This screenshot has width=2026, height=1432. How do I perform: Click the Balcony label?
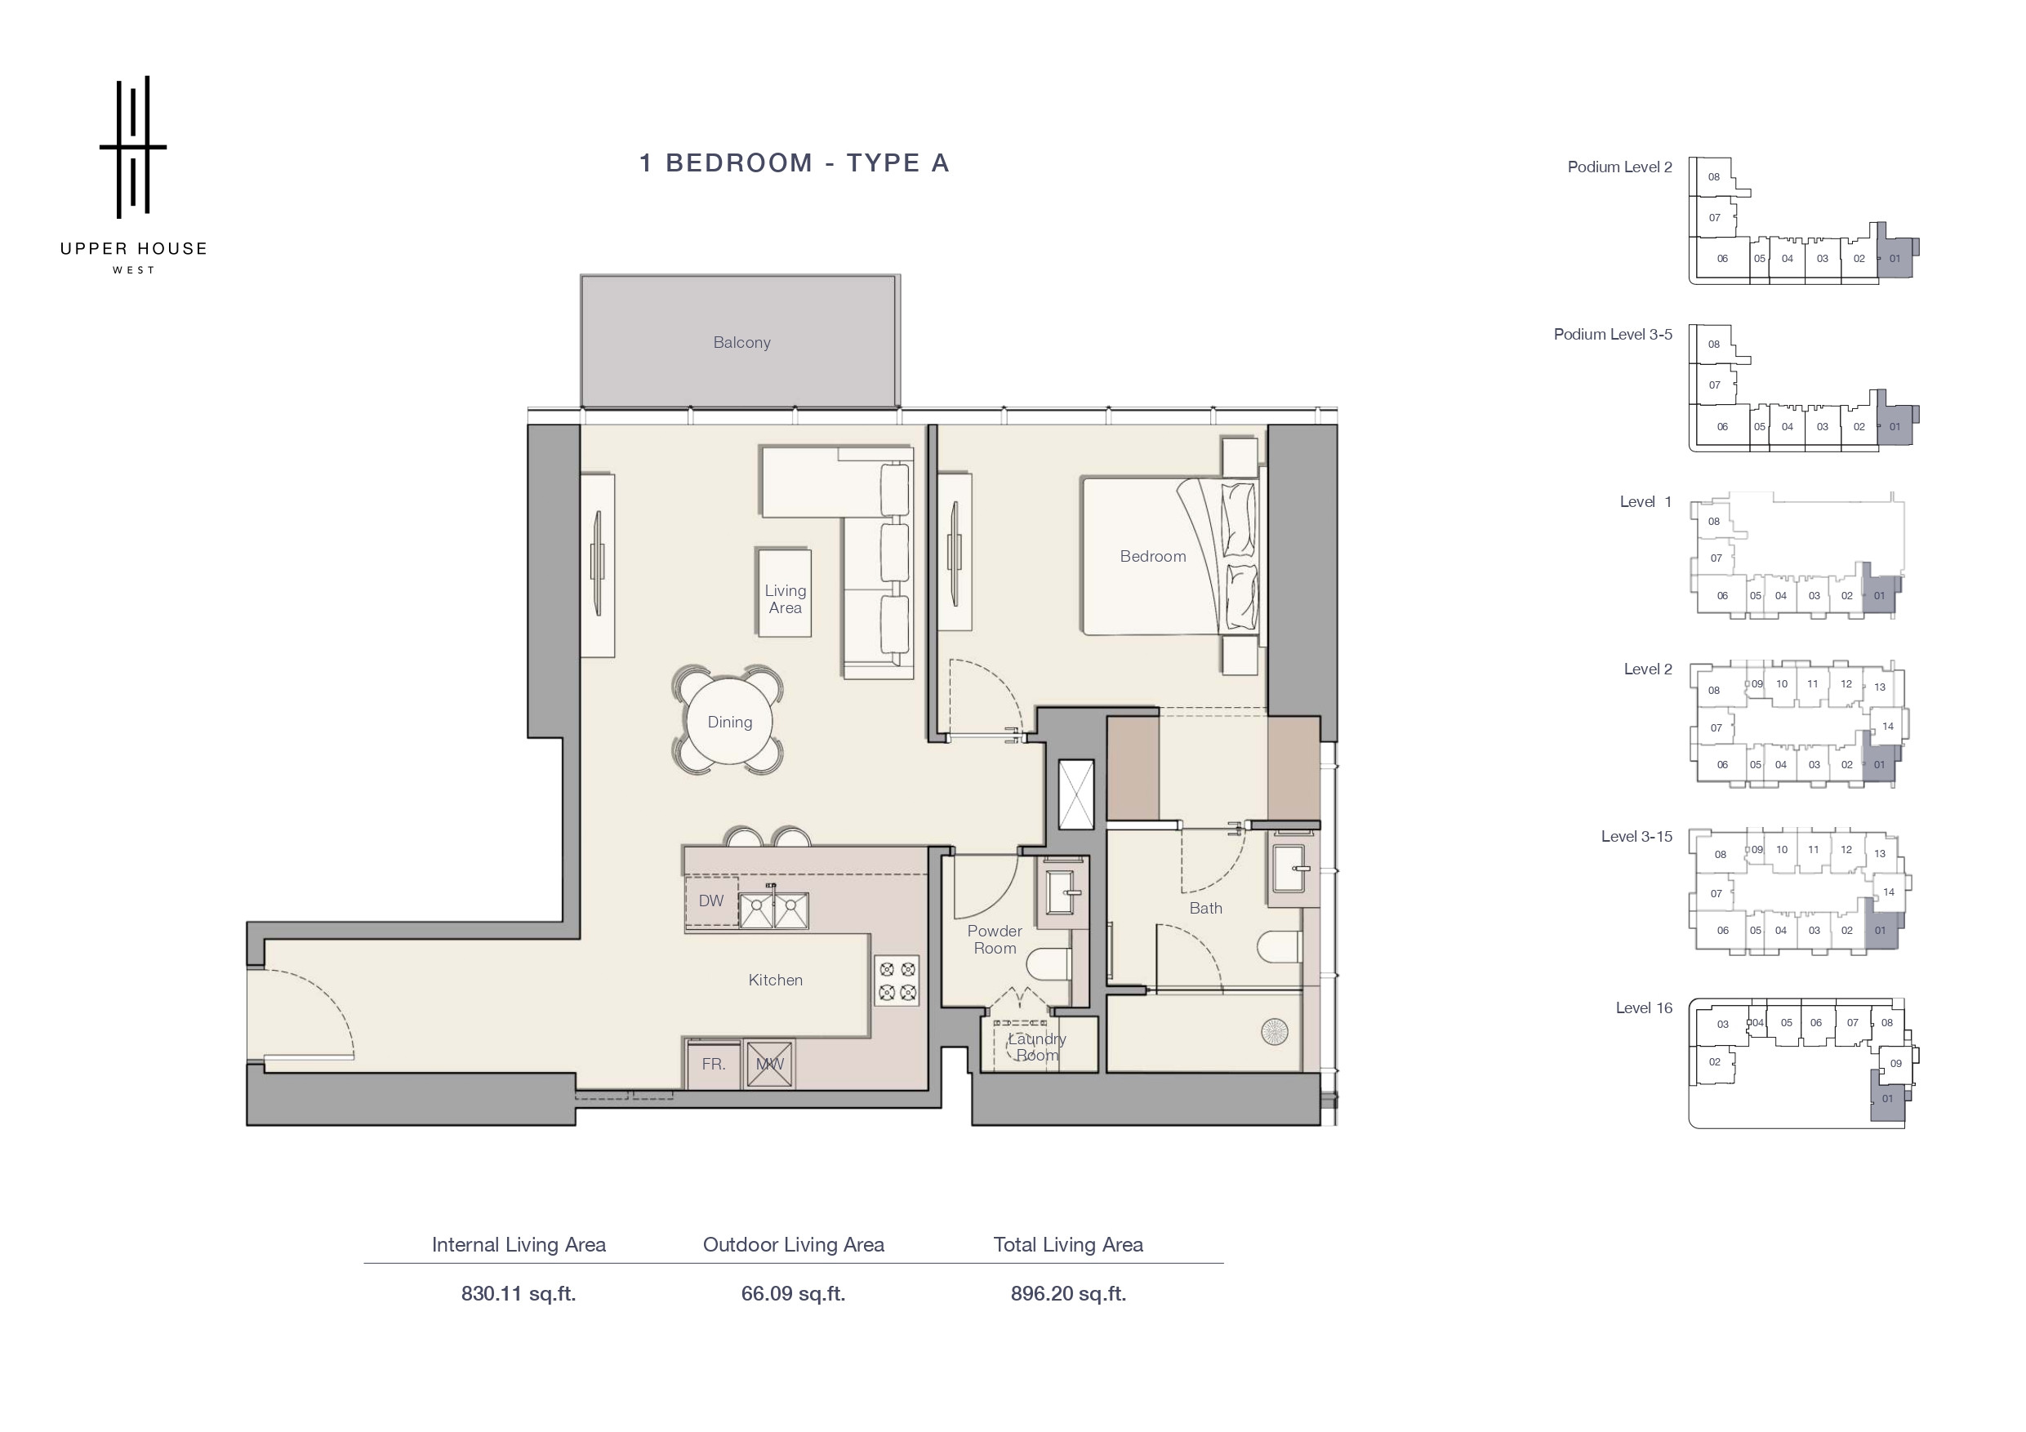[x=741, y=342]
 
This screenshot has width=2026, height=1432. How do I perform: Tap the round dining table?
[x=730, y=722]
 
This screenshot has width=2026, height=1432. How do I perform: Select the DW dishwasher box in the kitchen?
[x=711, y=901]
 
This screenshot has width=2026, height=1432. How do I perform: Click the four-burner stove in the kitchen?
[x=897, y=981]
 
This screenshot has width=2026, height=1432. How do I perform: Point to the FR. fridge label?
[x=714, y=1064]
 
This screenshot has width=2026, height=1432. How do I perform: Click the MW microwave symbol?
[x=768, y=1064]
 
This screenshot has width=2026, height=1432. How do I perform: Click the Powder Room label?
[x=995, y=940]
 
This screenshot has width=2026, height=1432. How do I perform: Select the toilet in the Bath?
[x=1280, y=948]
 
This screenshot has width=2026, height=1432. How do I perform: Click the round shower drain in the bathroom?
[x=1275, y=1031]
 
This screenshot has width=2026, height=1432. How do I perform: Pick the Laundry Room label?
[x=1037, y=1047]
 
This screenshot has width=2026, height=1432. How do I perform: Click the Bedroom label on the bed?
[x=1152, y=557]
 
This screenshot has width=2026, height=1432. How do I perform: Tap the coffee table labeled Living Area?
[x=785, y=593]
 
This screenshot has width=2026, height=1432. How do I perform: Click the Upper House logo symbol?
[x=133, y=146]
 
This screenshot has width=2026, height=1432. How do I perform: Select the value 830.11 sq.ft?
[x=518, y=1293]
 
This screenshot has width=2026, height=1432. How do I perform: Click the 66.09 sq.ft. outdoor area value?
[x=793, y=1293]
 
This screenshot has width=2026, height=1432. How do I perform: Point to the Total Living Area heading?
[x=1067, y=1245]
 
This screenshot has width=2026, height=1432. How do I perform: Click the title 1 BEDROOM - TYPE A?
[x=795, y=163]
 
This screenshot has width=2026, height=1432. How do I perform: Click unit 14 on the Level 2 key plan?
[x=1887, y=727]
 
